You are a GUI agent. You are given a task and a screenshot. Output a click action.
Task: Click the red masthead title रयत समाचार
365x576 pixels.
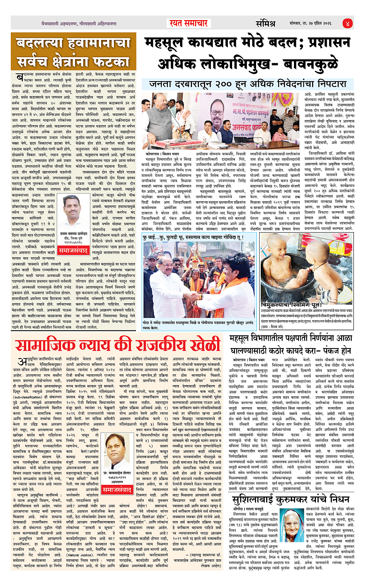[x=188, y=23]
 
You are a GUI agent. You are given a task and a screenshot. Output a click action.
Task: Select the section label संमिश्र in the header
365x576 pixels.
[x=265, y=24]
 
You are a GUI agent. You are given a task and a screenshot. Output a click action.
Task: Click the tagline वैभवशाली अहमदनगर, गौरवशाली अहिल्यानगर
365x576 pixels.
[x=79, y=24]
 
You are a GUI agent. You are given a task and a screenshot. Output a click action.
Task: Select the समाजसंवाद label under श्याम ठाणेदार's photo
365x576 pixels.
[x=73, y=251]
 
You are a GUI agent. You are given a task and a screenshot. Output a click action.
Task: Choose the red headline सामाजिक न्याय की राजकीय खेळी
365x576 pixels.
[x=118, y=345]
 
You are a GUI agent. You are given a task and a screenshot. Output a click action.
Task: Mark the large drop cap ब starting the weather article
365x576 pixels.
[x=18, y=77]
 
